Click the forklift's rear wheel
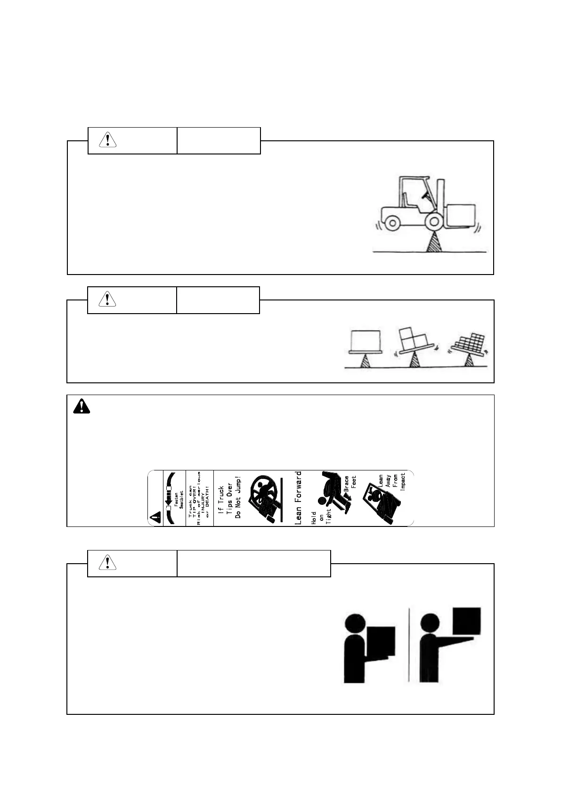click(x=392, y=222)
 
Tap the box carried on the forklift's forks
click(x=461, y=215)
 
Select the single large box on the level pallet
click(x=366, y=339)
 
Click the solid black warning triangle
click(x=81, y=406)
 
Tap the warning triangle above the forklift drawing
click(x=108, y=140)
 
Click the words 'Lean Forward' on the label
click(x=298, y=498)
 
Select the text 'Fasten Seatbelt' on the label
click(x=179, y=498)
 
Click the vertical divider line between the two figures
click(x=409, y=645)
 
